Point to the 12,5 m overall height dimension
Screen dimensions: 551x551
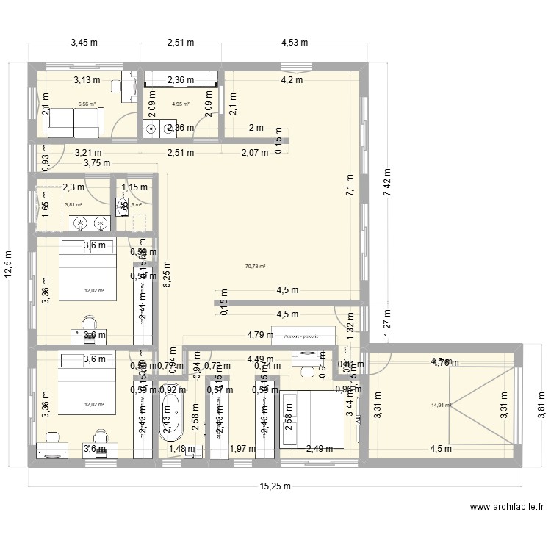point(9,262)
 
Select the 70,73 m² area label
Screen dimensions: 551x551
point(255,267)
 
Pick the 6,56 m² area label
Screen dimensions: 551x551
point(87,104)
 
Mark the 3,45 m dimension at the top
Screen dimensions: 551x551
point(84,43)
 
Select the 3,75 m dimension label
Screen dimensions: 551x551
point(96,164)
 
